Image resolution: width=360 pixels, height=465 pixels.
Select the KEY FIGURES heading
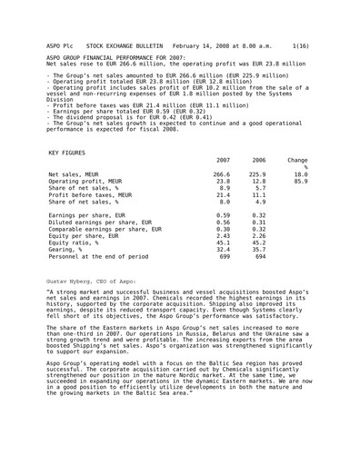(65, 153)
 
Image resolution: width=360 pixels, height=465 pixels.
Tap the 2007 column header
(221, 160)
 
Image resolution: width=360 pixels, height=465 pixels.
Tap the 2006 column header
(257, 160)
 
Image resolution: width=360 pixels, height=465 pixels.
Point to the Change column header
(296, 160)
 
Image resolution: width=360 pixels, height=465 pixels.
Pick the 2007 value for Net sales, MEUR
(221, 173)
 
